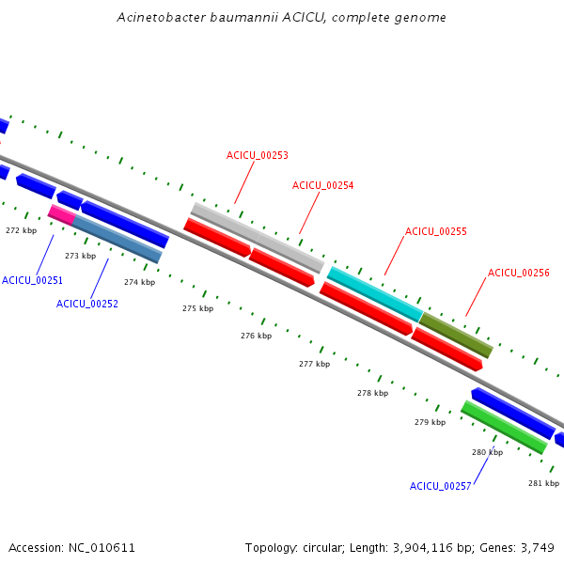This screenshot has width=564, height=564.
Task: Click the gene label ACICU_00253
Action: click(257, 155)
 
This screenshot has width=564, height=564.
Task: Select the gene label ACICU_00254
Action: click(322, 185)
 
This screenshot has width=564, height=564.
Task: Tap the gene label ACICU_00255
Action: click(435, 230)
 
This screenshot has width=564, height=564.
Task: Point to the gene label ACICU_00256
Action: click(518, 273)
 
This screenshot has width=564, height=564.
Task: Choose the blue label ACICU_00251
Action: click(32, 280)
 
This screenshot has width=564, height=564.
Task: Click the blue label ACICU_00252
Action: click(86, 304)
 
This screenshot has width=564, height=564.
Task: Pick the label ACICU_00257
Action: click(440, 486)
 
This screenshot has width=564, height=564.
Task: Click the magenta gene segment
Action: click(61, 214)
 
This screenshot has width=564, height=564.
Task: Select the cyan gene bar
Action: click(374, 293)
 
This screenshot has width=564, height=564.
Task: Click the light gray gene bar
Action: click(257, 237)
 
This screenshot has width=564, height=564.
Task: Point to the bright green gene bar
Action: click(504, 427)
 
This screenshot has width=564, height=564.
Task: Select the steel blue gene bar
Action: click(117, 240)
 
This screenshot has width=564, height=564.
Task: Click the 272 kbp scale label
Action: click(21, 230)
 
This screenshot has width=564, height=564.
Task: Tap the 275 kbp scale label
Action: click(197, 308)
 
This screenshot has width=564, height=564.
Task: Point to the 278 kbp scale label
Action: click(372, 393)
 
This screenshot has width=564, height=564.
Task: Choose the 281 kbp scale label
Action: click(543, 483)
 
